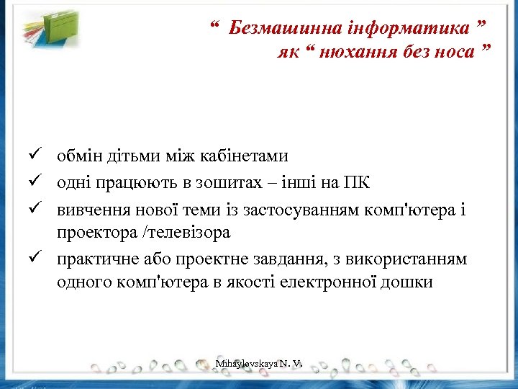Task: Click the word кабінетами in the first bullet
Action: coord(245,156)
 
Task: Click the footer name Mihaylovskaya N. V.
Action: coord(258,365)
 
